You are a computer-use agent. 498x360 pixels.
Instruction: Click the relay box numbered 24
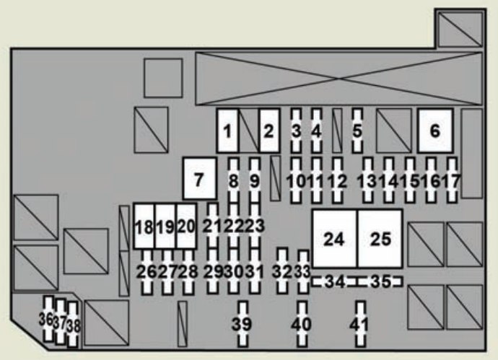(333, 240)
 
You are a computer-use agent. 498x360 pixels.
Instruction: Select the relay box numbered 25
(380, 240)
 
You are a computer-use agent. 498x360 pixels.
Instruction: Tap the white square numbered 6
(434, 131)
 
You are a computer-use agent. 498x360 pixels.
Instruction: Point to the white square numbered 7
(200, 178)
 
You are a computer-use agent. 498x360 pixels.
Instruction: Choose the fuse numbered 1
(228, 131)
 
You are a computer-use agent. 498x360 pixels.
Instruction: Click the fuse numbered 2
(269, 131)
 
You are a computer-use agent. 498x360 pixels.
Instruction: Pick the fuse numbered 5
(357, 131)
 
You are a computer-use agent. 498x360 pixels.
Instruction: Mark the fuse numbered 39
(243, 324)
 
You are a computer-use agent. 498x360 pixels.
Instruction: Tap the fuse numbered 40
(303, 324)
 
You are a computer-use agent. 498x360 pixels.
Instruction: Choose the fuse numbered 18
(144, 227)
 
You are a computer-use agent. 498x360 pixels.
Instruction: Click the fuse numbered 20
(186, 227)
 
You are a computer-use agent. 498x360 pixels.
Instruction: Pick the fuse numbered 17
(453, 180)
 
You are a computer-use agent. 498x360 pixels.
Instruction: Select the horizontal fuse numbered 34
(333, 282)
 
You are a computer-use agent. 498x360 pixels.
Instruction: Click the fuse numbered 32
(283, 271)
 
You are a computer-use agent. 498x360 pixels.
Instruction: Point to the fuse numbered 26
(147, 272)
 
